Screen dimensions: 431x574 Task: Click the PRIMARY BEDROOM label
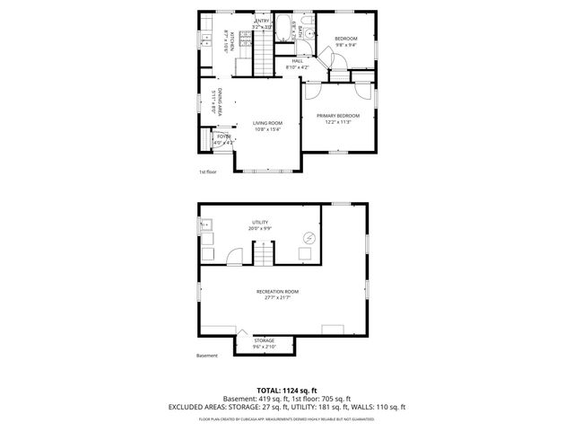338,117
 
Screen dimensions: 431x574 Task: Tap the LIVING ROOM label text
267,124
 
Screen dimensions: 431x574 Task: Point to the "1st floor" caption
208,172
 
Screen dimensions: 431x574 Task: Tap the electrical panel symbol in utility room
310,238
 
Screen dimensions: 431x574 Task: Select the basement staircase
262,257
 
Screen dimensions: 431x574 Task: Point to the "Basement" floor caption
207,356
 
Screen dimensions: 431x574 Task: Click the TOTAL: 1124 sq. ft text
286,390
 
